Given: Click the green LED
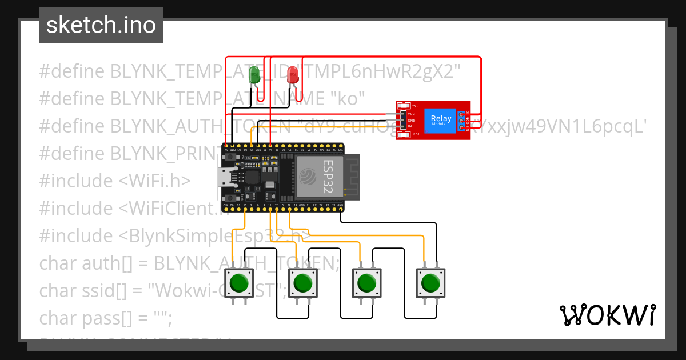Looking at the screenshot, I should coord(255,75).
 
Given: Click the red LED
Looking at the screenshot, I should coord(292,75).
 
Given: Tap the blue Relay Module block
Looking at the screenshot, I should coord(440,121).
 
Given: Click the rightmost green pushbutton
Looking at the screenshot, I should coord(430,283).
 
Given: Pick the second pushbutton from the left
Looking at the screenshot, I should coord(302,283).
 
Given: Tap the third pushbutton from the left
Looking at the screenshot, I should coord(366,283).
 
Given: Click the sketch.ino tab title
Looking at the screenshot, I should coord(101,25).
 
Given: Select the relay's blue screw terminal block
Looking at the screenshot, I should coord(461,121).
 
